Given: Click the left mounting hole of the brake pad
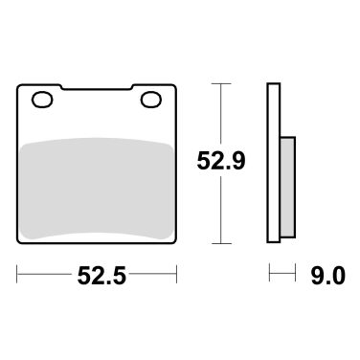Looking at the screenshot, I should [x=41, y=99].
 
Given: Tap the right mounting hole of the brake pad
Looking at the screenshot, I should [x=149, y=99].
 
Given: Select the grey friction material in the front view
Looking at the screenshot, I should [x=96, y=187].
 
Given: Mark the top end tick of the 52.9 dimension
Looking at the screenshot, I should [x=222, y=85].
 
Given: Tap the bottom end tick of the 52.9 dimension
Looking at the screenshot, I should [x=222, y=245].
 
